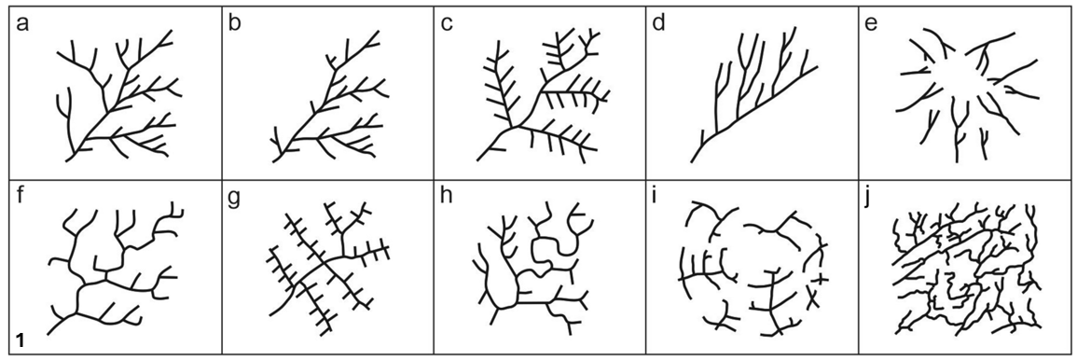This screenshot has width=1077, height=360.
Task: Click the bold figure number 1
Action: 20,339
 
